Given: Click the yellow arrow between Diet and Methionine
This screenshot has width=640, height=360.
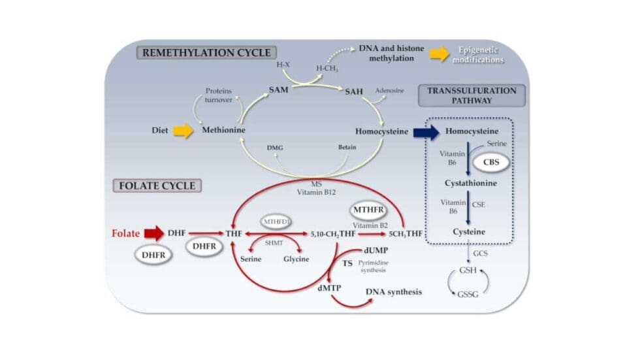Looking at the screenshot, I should (x=184, y=131).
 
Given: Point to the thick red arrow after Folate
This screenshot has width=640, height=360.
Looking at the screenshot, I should (x=154, y=233).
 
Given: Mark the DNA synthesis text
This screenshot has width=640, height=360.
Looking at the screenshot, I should (x=393, y=291).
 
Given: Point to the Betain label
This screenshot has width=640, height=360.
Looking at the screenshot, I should (x=347, y=147).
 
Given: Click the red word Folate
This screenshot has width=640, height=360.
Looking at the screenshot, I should (x=126, y=233).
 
